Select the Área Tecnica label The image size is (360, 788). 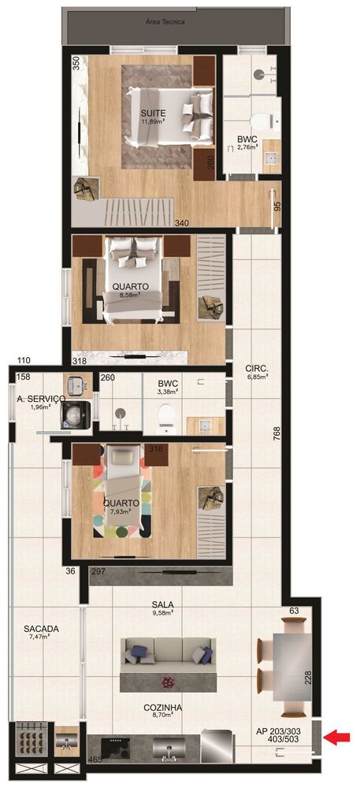coord(165,22)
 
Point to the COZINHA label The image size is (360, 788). coord(162,708)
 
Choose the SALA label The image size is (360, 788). coord(163,604)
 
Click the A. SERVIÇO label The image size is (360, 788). coord(40,399)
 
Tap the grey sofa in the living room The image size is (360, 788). coord(166,662)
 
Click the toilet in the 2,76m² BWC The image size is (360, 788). coord(262,121)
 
